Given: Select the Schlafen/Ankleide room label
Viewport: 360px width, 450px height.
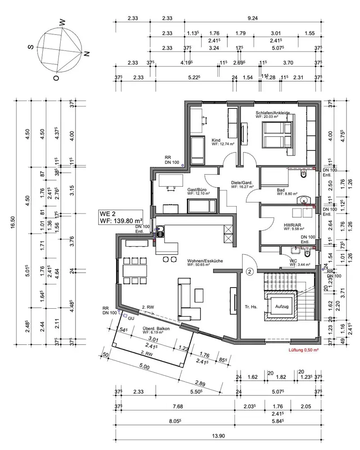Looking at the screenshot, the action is pos(272,112).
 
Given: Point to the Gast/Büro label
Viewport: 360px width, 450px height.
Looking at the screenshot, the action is pos(197,191).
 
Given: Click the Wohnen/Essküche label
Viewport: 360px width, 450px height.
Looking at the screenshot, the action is pos(206,261).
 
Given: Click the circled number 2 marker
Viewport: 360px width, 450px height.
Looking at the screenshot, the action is pos(250,272).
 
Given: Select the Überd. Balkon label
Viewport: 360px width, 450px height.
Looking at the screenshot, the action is pos(155,329).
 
